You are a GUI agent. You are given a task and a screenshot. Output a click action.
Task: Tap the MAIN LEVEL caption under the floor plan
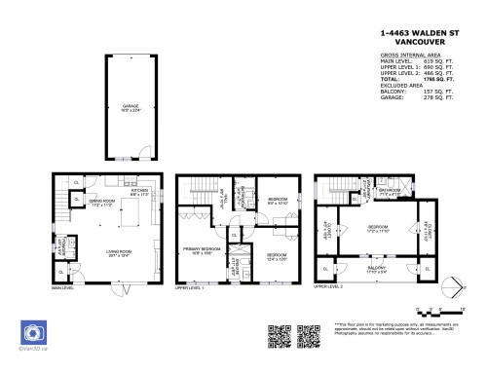64,288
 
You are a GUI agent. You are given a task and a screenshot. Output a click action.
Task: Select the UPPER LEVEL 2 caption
328,288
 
